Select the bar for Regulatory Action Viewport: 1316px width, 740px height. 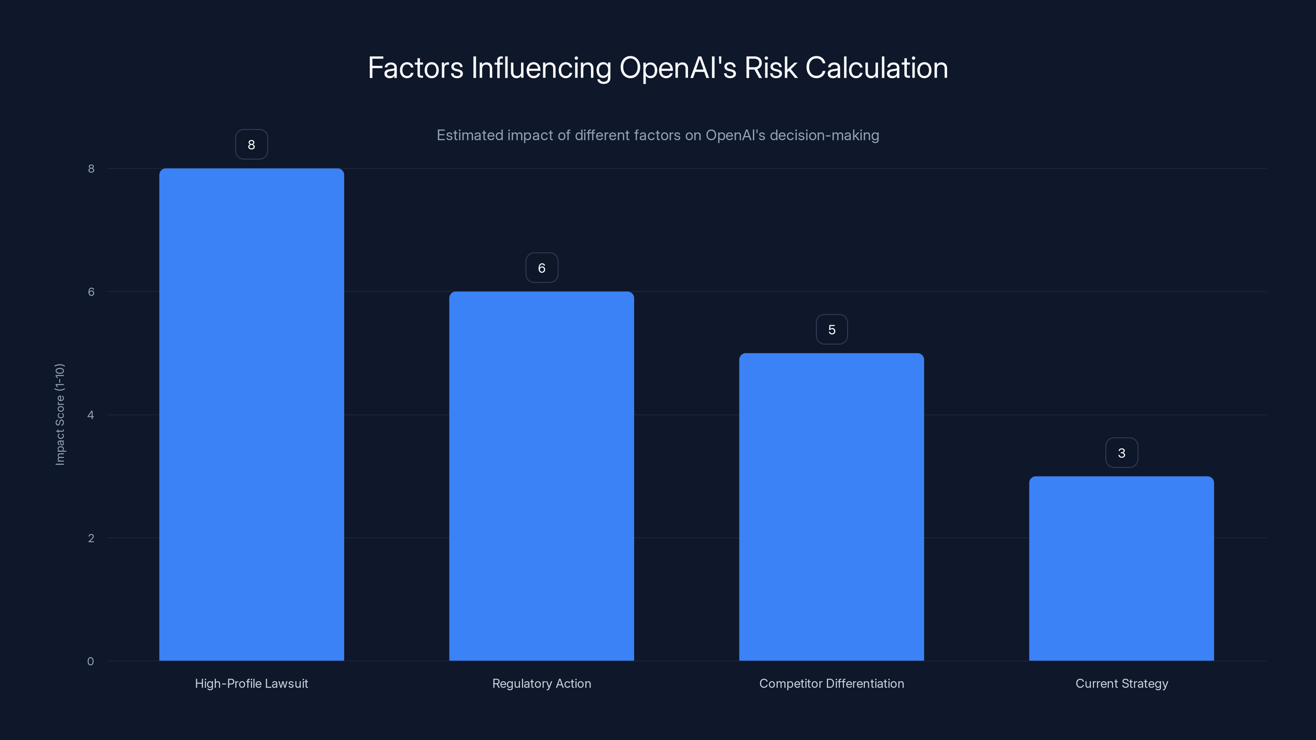pos(542,476)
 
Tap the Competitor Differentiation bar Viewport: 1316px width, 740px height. pos(831,506)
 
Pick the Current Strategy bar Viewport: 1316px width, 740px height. pos(1121,569)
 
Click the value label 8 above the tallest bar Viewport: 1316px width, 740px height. pos(251,145)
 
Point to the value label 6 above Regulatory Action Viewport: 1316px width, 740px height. pos(542,268)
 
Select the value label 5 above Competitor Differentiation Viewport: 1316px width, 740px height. pos(832,329)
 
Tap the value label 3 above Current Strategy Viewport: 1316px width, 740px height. pos(1121,453)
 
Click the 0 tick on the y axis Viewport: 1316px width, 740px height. pos(90,661)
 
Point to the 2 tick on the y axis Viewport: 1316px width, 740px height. pos(91,538)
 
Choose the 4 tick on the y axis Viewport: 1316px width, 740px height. pos(90,415)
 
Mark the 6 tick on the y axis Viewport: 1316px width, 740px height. pos(91,291)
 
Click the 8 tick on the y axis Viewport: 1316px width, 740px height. pos(91,169)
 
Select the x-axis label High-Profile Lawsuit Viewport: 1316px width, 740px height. pos(251,683)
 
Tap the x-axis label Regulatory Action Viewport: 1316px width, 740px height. pos(542,683)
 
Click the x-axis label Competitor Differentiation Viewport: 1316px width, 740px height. pos(831,683)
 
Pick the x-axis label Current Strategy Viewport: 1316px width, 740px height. pos(1121,683)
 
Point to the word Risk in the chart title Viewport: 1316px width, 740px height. pos(770,68)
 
